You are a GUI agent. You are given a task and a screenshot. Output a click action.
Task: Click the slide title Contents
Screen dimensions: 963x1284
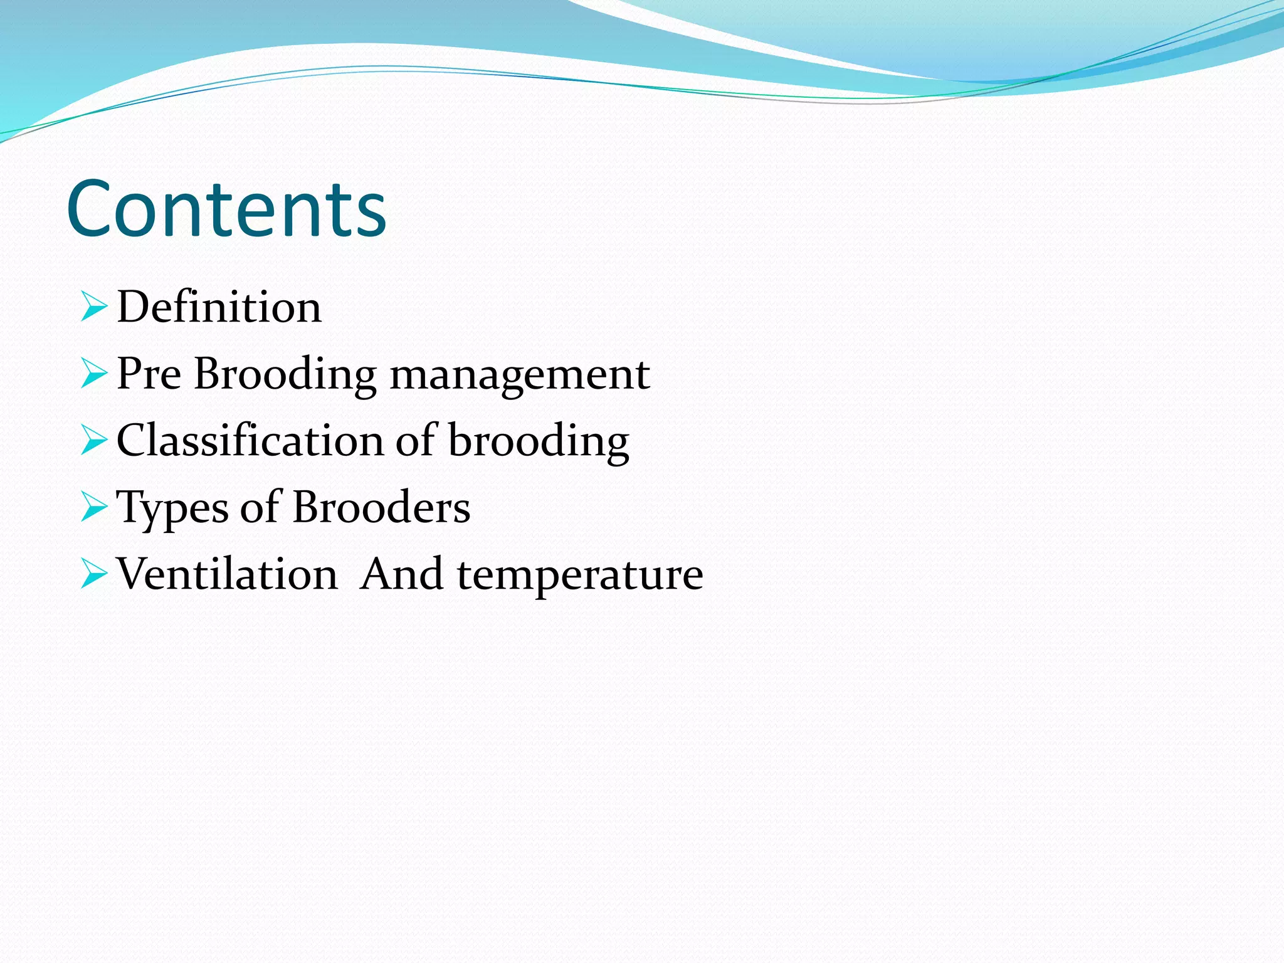(226, 210)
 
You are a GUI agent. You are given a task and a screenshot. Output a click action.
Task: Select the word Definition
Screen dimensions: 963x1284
(219, 307)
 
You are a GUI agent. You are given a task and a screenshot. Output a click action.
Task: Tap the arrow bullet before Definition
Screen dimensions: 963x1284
(94, 307)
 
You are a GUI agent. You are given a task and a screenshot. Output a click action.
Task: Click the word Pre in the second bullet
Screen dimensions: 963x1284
(149, 374)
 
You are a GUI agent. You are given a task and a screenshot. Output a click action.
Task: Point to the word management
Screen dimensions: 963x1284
(520, 375)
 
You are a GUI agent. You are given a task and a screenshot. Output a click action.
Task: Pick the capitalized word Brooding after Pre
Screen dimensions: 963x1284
(285, 375)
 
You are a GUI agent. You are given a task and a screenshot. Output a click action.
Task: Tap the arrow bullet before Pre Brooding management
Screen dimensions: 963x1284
(94, 374)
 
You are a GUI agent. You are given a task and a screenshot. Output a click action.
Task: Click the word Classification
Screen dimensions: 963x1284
(250, 441)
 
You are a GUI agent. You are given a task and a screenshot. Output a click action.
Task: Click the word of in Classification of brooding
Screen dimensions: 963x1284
(416, 441)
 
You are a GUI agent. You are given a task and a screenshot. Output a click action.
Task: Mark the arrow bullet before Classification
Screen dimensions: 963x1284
(94, 441)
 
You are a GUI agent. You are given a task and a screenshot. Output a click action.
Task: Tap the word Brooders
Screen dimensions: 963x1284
(381, 507)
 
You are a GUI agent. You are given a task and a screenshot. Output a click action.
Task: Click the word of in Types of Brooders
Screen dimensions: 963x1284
(260, 507)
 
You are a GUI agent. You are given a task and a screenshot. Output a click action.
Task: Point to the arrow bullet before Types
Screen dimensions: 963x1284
(94, 507)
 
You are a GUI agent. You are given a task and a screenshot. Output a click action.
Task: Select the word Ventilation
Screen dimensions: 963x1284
(227, 574)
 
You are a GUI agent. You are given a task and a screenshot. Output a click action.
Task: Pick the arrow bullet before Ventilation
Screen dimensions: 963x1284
(94, 574)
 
